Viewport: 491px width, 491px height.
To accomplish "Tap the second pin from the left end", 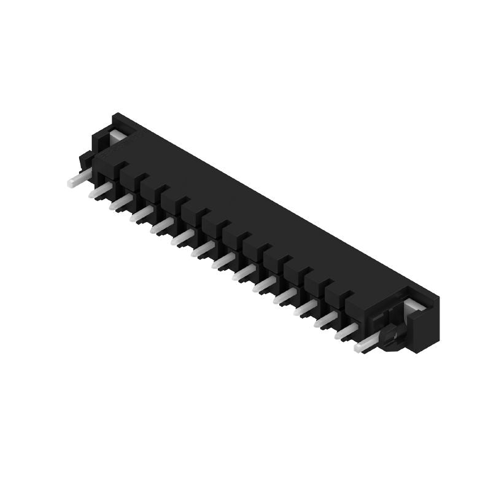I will (98, 191).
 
